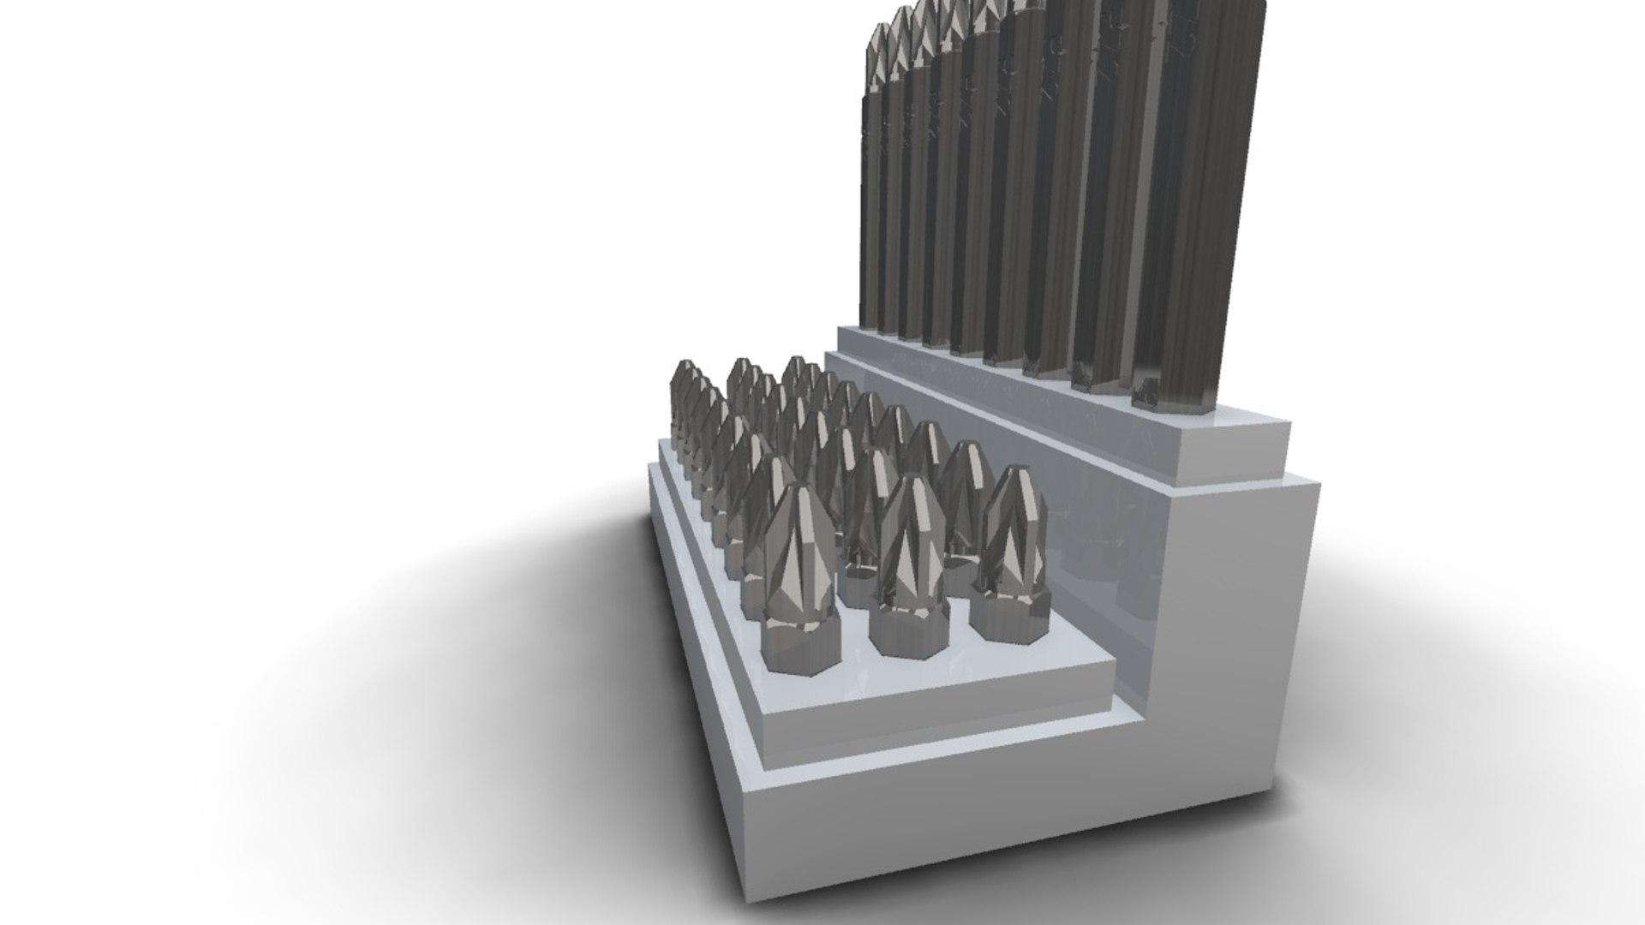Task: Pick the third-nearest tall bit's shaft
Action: coord(1058,214)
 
